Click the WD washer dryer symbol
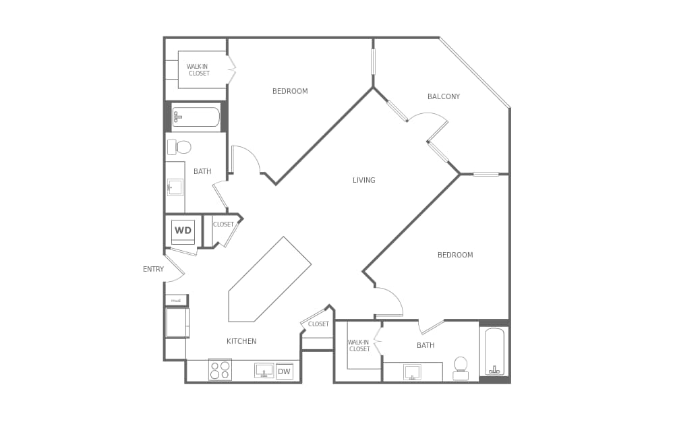[x=183, y=231]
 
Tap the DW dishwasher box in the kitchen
[x=284, y=371]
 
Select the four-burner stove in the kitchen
[x=220, y=369]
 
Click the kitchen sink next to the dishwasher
[x=264, y=370]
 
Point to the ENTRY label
[x=153, y=270]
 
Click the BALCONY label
[x=443, y=97]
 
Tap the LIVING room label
[x=363, y=181]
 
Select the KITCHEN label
[x=241, y=342]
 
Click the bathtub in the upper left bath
[x=196, y=117]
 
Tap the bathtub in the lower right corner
[x=494, y=351]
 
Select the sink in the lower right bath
[x=412, y=372]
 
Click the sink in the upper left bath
[x=175, y=187]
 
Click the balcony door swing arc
[x=430, y=121]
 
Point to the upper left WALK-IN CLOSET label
[x=198, y=70]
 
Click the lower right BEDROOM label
[x=455, y=255]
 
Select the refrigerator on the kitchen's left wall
[x=177, y=323]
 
